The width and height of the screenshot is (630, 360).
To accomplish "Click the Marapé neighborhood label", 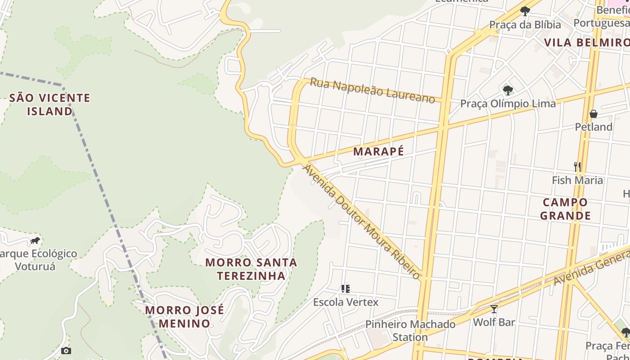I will (x=378, y=152).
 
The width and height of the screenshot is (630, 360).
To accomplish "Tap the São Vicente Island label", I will (x=49, y=104).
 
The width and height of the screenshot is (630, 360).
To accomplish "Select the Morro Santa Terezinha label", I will (x=251, y=269).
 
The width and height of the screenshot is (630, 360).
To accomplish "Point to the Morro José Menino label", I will (x=184, y=316).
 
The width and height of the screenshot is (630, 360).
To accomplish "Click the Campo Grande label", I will (x=565, y=209).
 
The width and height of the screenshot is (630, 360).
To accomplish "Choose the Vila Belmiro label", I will (x=586, y=43).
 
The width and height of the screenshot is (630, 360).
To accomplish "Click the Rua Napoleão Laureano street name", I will (x=373, y=90).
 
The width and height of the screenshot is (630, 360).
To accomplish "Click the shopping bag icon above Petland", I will (x=594, y=114).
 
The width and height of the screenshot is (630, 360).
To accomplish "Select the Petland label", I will (x=594, y=127).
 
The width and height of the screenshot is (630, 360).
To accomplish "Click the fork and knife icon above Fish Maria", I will (x=577, y=166).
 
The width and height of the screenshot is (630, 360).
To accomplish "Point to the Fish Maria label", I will (x=577, y=180).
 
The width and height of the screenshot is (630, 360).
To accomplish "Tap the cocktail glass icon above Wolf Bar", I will (x=494, y=309).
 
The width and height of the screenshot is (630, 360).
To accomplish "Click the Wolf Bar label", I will (x=494, y=322).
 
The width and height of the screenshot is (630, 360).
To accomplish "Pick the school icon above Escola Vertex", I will (x=346, y=288).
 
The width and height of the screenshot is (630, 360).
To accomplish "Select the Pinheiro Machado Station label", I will (x=410, y=330).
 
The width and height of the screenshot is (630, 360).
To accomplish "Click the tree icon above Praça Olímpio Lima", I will (x=508, y=90).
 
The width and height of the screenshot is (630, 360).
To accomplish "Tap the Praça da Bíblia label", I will (x=525, y=25).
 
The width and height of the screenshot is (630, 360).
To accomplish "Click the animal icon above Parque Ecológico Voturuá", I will (x=35, y=241).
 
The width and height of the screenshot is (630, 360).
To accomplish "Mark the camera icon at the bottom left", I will (x=66, y=351).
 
